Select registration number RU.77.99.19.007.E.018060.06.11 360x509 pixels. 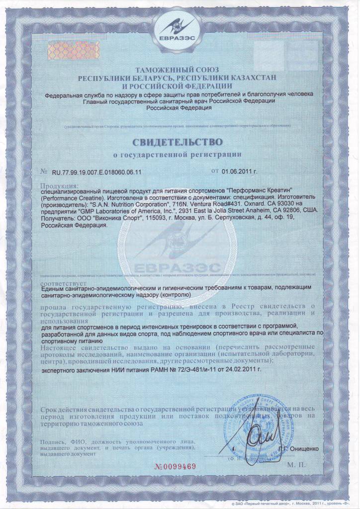tap(97, 171)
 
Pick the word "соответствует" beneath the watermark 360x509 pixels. tap(59, 280)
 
